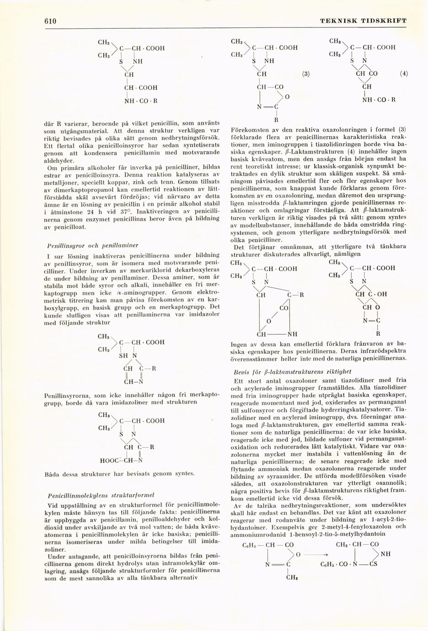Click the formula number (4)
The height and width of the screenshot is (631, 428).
pos(403,74)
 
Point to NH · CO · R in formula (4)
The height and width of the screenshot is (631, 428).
pos(379,99)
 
